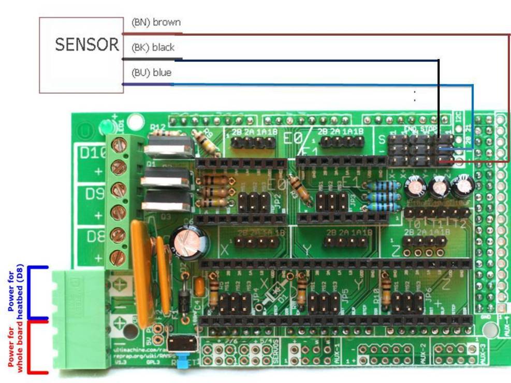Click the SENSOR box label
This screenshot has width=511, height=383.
[87, 45]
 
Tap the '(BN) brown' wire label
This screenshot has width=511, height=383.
[156, 23]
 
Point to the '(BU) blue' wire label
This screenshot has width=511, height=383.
[151, 72]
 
